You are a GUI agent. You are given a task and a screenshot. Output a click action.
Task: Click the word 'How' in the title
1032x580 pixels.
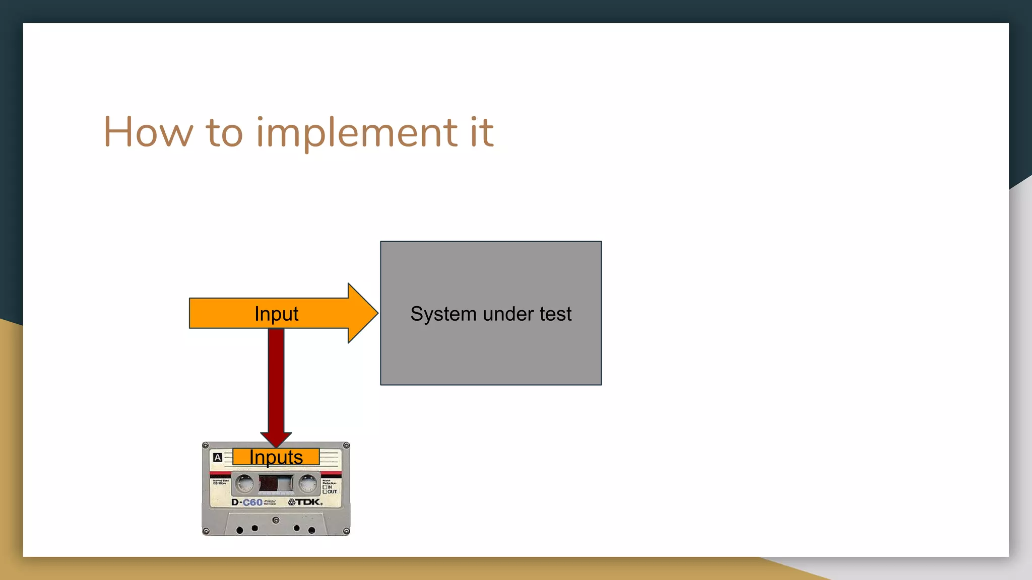148,132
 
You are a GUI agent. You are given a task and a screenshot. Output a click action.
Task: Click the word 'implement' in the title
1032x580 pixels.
356,133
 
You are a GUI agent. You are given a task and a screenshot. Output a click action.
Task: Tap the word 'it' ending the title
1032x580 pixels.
482,132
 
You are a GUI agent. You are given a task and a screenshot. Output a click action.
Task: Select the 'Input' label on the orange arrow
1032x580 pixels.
276,314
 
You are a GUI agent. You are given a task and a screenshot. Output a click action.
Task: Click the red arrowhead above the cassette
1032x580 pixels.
276,439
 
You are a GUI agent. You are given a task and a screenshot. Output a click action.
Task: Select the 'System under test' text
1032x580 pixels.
491,314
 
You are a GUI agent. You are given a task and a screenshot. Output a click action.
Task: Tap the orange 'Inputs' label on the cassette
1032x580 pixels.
276,457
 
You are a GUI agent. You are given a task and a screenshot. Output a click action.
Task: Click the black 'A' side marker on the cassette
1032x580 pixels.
217,458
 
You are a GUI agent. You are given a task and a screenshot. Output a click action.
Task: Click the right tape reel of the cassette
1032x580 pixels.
307,483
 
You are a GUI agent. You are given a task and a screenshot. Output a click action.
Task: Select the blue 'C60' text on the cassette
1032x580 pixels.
252,502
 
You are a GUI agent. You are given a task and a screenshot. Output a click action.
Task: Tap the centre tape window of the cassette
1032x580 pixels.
276,484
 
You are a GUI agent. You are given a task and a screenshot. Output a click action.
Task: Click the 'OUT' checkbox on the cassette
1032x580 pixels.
325,492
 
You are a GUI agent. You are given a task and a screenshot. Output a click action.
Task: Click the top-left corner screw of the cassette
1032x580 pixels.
206,446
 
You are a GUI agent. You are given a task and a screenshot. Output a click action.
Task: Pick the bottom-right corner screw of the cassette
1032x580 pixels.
346,531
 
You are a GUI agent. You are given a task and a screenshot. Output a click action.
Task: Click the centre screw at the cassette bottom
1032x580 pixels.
276,520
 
